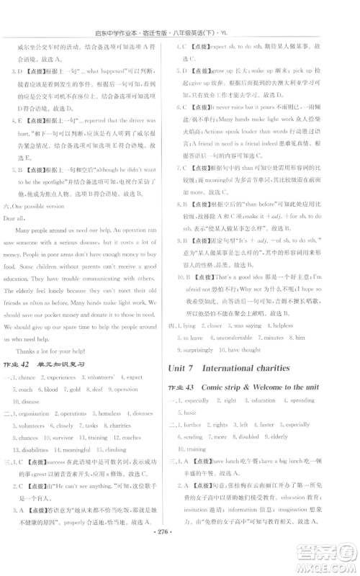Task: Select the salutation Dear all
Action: point(19,216)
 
